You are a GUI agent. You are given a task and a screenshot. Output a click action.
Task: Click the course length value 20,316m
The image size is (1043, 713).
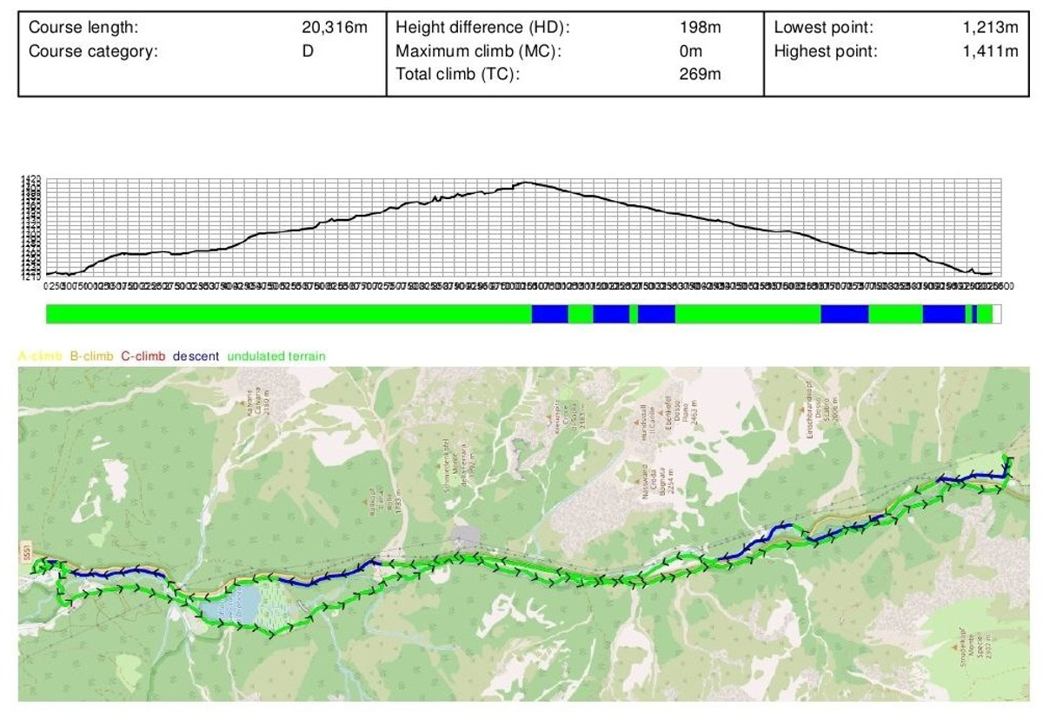coord(335,28)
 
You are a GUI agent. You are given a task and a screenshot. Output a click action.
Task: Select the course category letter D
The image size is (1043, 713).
coord(308,50)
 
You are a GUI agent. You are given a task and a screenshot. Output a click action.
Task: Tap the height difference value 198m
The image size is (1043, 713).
coord(701,28)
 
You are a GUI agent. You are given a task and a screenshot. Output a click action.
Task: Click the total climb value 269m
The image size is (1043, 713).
coord(701,74)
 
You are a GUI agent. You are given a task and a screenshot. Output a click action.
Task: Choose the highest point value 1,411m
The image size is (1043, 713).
coord(990,50)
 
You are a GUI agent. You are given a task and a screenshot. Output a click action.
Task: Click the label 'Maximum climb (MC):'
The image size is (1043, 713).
coord(479,50)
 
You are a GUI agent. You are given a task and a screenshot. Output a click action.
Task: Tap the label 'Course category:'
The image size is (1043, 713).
coord(94,50)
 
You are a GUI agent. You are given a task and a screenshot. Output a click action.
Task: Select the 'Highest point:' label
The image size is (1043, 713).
coord(826,50)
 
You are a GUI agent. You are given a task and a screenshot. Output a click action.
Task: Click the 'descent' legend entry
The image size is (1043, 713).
coord(196,356)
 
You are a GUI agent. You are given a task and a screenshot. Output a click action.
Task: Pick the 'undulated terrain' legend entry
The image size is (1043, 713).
coord(276,356)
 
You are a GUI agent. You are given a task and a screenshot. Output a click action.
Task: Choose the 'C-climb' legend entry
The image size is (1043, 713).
coord(143,356)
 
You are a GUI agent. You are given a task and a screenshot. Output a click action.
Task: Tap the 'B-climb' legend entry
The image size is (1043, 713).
coord(91,356)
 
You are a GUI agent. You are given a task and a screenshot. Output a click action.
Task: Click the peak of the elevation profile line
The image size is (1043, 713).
coord(523,182)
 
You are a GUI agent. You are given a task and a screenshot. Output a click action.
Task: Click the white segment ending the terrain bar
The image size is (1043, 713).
coord(997,314)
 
